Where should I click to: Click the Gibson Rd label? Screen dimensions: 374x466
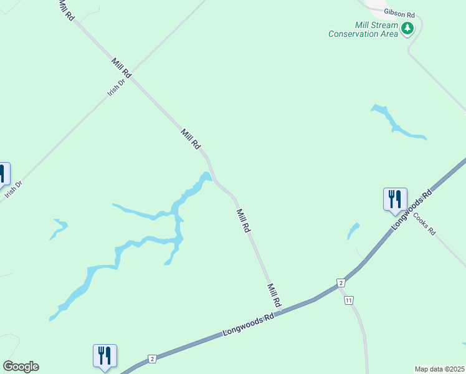pyautogui.click(x=399, y=13)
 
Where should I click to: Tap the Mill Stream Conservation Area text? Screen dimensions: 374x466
pyautogui.click(x=363, y=29)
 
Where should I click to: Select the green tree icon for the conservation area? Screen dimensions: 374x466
pyautogui.click(x=407, y=28)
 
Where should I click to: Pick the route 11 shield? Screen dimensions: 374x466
pyautogui.click(x=348, y=300)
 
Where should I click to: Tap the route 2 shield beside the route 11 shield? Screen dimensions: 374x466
pyautogui.click(x=341, y=283)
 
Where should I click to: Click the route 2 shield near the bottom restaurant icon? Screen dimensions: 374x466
pyautogui.click(x=151, y=359)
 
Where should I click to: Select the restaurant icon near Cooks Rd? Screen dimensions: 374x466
pyautogui.click(x=395, y=199)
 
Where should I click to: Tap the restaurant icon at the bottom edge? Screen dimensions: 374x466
pyautogui.click(x=105, y=356)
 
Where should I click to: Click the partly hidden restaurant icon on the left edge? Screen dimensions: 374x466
pyautogui.click(x=2, y=174)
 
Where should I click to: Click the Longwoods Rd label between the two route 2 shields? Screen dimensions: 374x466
pyautogui.click(x=249, y=326)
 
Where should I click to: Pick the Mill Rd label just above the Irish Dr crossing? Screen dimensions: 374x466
pyautogui.click(x=121, y=67)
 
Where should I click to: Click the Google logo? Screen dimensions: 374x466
pyautogui.click(x=21, y=367)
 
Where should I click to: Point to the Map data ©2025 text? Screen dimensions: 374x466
pyautogui.click(x=440, y=369)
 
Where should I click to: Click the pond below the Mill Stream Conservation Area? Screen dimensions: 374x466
pyautogui.click(x=396, y=123)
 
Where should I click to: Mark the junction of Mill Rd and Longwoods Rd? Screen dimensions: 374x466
pyautogui.click(x=281, y=312)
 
